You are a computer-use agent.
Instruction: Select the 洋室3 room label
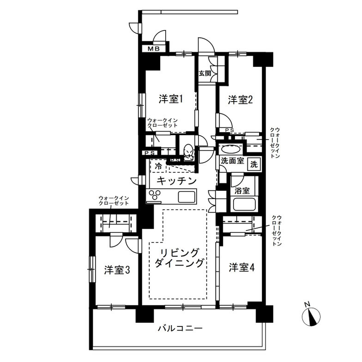click(116, 270)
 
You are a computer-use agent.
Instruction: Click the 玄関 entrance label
click(205, 73)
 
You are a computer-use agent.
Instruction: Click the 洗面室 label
click(232, 162)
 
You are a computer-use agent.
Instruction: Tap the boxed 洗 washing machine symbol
click(254, 163)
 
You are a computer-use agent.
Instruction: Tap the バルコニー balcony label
click(180, 329)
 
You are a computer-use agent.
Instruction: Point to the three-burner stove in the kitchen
click(156, 195)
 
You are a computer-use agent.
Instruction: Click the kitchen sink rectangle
click(187, 197)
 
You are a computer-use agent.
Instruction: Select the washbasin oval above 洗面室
click(230, 150)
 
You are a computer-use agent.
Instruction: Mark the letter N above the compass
click(307, 304)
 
